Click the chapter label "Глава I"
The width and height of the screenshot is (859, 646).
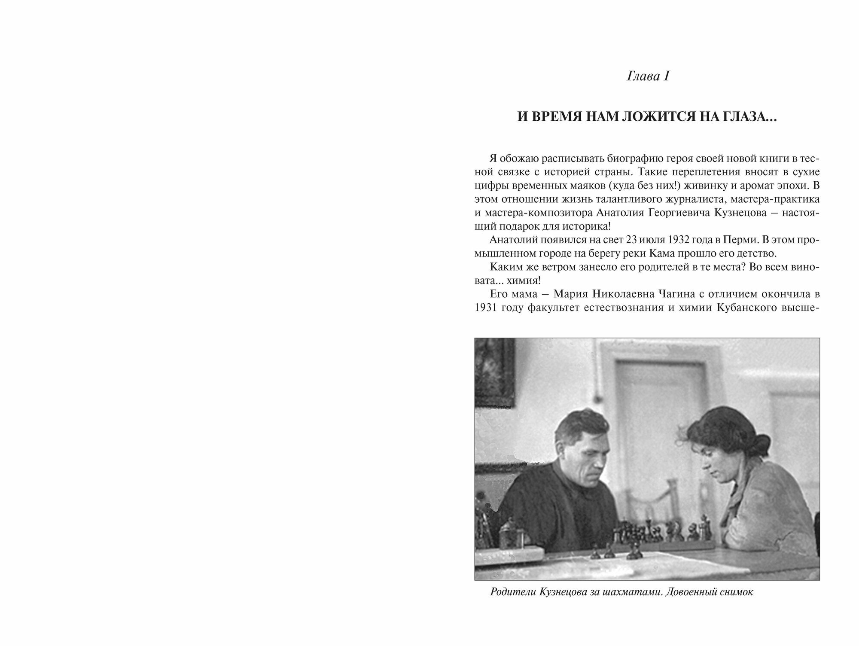[648, 77]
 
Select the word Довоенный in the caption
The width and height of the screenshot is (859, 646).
[696, 592]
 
